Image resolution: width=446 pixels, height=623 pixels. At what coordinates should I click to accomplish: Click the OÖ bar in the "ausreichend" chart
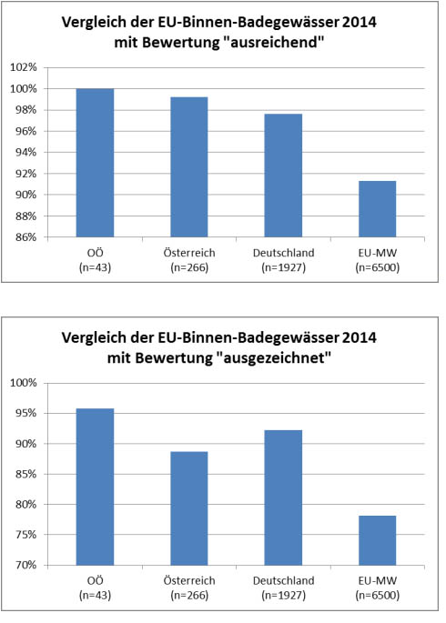pos(95,163)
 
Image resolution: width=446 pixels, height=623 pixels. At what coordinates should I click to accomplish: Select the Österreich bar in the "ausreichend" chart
pos(189,167)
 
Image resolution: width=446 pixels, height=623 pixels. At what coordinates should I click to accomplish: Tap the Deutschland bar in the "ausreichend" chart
pos(283,176)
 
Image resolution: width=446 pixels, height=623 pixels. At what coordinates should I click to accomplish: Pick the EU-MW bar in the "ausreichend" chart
pos(377,209)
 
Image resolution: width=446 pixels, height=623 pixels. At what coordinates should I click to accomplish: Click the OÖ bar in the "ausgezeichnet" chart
pos(95,487)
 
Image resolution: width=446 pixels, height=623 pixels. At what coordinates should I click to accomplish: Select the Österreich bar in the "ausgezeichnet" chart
pos(189,508)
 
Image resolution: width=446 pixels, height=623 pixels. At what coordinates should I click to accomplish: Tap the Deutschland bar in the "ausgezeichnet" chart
pos(283,497)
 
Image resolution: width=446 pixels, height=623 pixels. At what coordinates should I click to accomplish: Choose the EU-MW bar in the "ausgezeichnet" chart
pos(377,540)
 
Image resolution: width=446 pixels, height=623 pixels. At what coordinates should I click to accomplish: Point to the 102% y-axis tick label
pos(23,67)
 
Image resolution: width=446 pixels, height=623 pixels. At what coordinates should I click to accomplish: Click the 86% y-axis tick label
pos(25,237)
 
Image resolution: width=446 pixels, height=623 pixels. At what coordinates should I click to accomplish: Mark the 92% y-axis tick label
pos(25,174)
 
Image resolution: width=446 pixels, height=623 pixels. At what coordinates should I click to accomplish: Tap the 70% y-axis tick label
pos(25,565)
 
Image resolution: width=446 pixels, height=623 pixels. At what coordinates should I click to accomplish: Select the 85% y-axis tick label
pos(25,474)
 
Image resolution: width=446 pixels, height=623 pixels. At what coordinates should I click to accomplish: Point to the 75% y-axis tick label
pos(25,535)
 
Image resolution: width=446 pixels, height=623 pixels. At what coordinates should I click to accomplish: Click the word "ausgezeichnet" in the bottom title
pos(274,358)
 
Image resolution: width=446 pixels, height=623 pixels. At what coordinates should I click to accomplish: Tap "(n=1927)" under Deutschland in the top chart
pos(283,267)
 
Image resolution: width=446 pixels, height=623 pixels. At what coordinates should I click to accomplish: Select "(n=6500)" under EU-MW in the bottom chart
pos(377,595)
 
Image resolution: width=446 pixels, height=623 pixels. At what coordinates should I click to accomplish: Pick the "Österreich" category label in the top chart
pos(189,253)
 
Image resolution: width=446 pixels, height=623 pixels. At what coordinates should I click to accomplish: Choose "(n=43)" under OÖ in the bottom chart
pos(95,595)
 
